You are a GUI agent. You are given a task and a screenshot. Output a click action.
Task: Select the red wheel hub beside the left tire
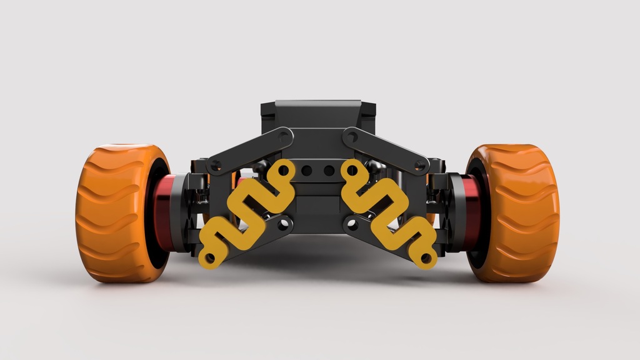(164, 212)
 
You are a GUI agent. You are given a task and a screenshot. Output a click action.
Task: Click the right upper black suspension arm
(384, 150)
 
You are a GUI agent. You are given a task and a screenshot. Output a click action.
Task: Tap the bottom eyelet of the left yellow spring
(209, 258)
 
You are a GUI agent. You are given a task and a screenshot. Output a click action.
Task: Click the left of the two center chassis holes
(307, 170)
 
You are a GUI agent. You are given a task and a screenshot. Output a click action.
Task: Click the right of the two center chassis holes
(328, 170)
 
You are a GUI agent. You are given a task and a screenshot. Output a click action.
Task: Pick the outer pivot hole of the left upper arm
(216, 166)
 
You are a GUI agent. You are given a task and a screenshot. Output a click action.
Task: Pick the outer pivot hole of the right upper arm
(419, 166)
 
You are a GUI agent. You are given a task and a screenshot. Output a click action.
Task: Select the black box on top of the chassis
(319, 116)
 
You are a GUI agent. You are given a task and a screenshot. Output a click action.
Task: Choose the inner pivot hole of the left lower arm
(284, 222)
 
